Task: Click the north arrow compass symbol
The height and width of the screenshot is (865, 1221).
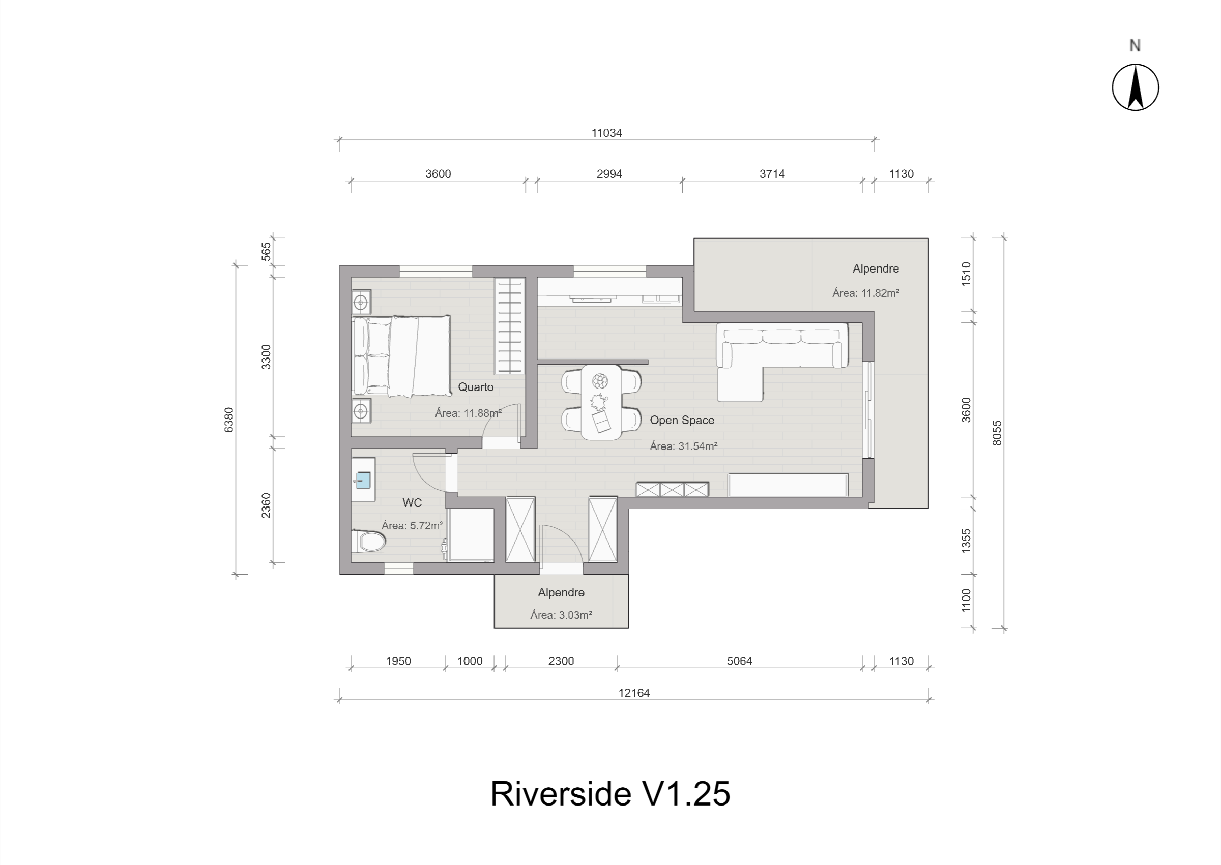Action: [1135, 87]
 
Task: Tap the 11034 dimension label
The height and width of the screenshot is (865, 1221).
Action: [606, 133]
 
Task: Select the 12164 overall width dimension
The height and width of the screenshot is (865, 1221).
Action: [634, 693]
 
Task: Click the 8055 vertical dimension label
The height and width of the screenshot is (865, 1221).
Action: [997, 433]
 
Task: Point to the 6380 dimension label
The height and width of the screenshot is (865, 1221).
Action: [228, 420]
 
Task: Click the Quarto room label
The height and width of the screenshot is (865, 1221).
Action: [476, 387]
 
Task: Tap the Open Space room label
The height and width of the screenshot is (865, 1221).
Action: [681, 420]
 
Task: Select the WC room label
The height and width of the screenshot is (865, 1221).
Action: [412, 503]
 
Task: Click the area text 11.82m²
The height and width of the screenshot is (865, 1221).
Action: [866, 293]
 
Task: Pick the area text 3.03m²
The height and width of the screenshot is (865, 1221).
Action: [561, 615]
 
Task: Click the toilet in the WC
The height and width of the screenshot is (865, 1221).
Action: [370, 542]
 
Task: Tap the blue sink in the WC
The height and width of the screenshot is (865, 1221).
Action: [362, 481]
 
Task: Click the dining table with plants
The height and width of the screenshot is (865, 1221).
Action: [601, 402]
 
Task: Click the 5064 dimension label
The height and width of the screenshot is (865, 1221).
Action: [739, 661]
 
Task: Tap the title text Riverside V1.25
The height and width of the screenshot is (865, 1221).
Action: [610, 794]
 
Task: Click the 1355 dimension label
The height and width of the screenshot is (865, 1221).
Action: [966, 541]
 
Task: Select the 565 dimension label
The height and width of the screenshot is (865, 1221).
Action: [267, 251]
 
